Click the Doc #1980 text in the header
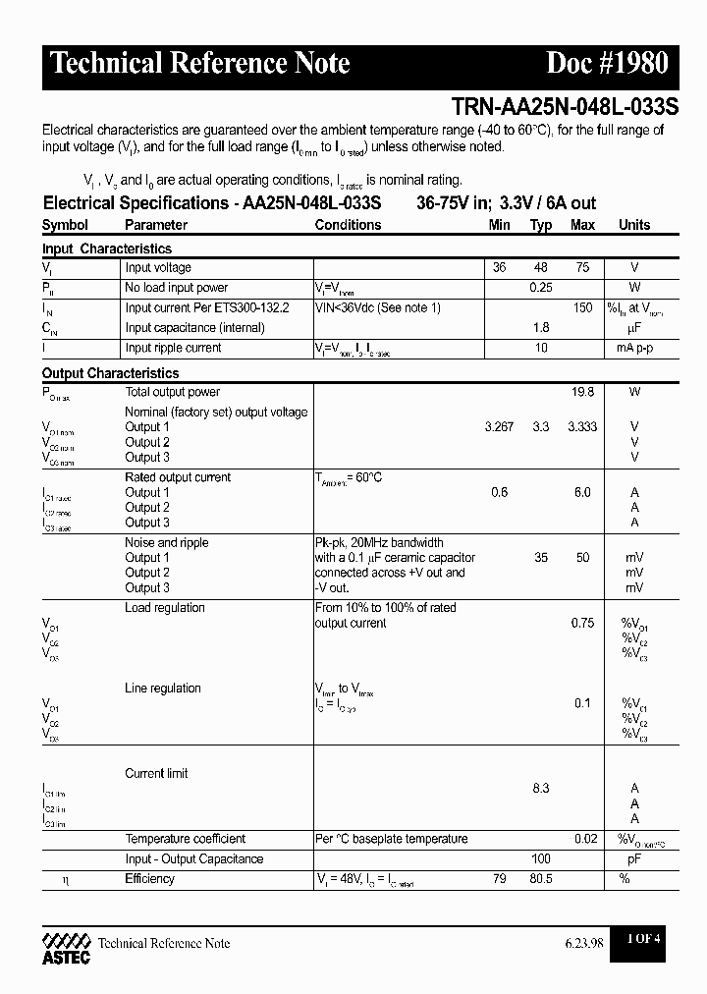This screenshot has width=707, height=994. tap(606, 64)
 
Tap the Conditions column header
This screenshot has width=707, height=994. tap(348, 225)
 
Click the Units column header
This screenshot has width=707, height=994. tap(634, 225)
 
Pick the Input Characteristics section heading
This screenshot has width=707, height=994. tap(107, 249)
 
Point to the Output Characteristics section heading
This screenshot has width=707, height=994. tap(111, 373)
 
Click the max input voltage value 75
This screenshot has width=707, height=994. tap(582, 268)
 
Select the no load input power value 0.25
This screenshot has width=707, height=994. tap(541, 288)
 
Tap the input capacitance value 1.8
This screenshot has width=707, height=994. tap(541, 328)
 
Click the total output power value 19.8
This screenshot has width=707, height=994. tap(582, 392)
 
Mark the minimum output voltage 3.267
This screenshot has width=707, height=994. tap(499, 427)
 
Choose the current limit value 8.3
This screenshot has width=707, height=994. tap(541, 789)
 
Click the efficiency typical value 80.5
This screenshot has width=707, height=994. tap(541, 879)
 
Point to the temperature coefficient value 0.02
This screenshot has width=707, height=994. tap(584, 839)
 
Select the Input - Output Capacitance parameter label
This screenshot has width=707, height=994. tap(194, 859)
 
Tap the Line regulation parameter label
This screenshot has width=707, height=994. tap(163, 689)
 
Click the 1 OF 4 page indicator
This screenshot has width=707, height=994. tap(644, 939)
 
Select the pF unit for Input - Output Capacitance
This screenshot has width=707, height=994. tap(634, 859)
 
